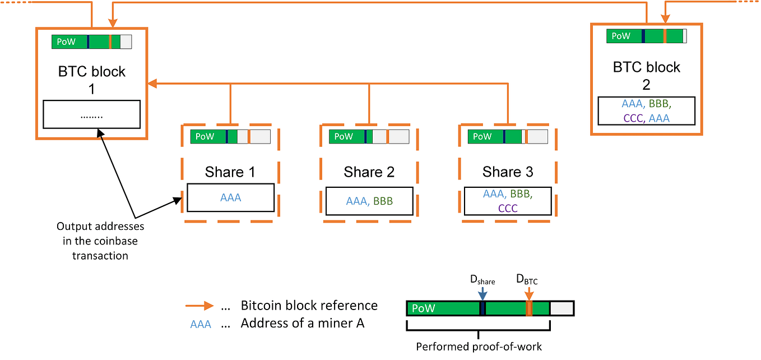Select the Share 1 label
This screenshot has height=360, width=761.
[230, 172]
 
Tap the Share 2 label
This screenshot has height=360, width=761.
[369, 172]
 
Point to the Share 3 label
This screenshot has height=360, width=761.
[508, 172]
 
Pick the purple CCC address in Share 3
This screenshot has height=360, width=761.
[507, 209]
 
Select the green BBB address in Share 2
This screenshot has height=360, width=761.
[383, 201]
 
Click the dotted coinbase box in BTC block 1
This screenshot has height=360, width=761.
[91, 115]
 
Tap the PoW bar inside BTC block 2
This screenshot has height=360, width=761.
[646, 36]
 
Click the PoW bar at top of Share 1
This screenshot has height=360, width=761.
[230, 136]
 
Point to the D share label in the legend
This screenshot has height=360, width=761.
[482, 280]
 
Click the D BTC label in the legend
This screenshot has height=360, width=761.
[527, 280]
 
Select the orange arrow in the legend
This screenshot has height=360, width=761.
[199, 306]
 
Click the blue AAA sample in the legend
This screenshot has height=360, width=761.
[201, 324]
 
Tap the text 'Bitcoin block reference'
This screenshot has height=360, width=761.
[309, 306]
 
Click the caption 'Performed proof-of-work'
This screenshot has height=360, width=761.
[479, 347]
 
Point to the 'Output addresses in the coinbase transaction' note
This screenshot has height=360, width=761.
[100, 241]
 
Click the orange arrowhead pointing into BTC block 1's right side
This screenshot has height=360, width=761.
[152, 84]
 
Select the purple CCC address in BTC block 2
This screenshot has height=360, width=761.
[632, 118]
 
